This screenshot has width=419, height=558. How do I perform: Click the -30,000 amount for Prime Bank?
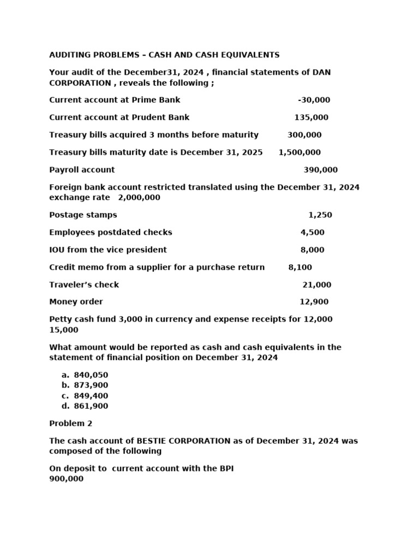[314, 100]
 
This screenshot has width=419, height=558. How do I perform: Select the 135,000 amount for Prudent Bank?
[311, 118]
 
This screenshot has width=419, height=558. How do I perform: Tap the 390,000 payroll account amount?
[320, 170]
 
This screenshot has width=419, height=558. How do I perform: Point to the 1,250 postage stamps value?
[320, 215]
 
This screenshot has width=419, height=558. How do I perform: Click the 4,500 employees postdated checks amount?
[312, 233]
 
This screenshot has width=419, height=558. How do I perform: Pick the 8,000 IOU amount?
[312, 250]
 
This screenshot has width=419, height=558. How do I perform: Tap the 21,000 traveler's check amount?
[316, 285]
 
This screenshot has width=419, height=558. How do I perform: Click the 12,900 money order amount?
[314, 302]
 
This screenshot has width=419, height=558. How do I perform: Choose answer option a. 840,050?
[91, 375]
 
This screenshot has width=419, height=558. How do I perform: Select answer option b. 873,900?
[91, 385]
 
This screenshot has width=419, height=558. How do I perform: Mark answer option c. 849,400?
[91, 396]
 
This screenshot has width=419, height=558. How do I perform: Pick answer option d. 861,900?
[91, 406]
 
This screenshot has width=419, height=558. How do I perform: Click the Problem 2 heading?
[67, 423]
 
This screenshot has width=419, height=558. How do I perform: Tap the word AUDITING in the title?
[69, 55]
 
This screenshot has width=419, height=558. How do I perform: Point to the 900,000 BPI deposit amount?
[66, 479]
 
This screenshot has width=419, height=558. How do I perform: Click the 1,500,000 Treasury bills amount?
[300, 153]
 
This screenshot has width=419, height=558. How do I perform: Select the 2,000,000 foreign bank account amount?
[139, 198]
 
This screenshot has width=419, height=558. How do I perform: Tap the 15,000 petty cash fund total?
[63, 330]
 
